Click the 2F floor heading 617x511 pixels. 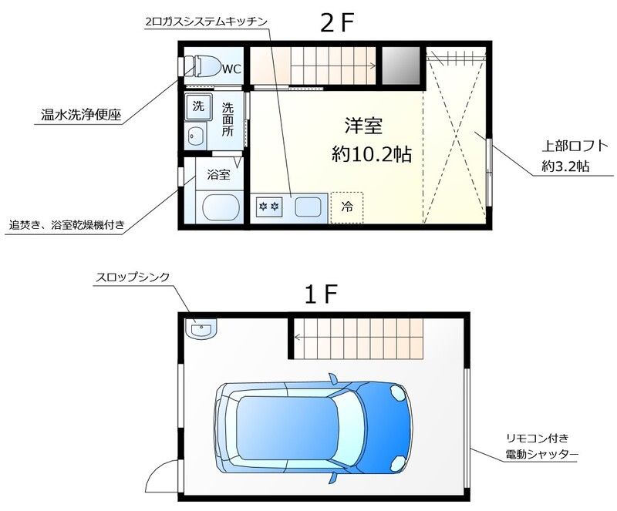click(337, 23)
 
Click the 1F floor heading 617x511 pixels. click(321, 294)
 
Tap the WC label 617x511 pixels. click(231, 69)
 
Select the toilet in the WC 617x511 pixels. click(204, 66)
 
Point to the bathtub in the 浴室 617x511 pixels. click(218, 208)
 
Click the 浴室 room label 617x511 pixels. click(218, 174)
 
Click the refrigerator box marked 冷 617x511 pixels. click(346, 207)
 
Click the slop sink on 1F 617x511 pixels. click(201, 329)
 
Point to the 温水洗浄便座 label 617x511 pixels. click(81, 116)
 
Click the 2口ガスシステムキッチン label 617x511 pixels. click(206, 22)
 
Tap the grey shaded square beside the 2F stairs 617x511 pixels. click(400, 66)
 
